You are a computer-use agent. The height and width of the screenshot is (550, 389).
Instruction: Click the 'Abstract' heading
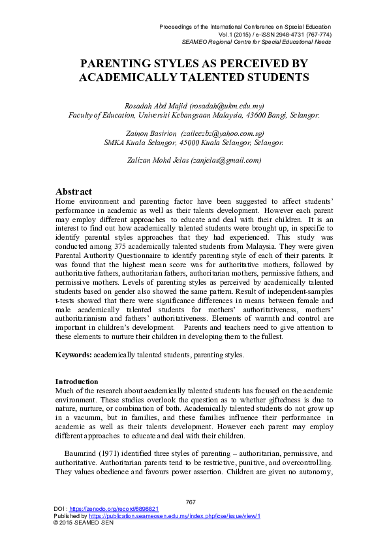coord(74,192)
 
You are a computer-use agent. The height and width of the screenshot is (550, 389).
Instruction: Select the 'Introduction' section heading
coord(77,381)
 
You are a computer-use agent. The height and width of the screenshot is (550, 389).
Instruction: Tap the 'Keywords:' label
coord(73,355)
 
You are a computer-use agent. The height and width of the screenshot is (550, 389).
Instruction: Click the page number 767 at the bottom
coord(191,502)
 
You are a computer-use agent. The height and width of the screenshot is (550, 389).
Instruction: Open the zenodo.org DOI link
coord(106,509)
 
